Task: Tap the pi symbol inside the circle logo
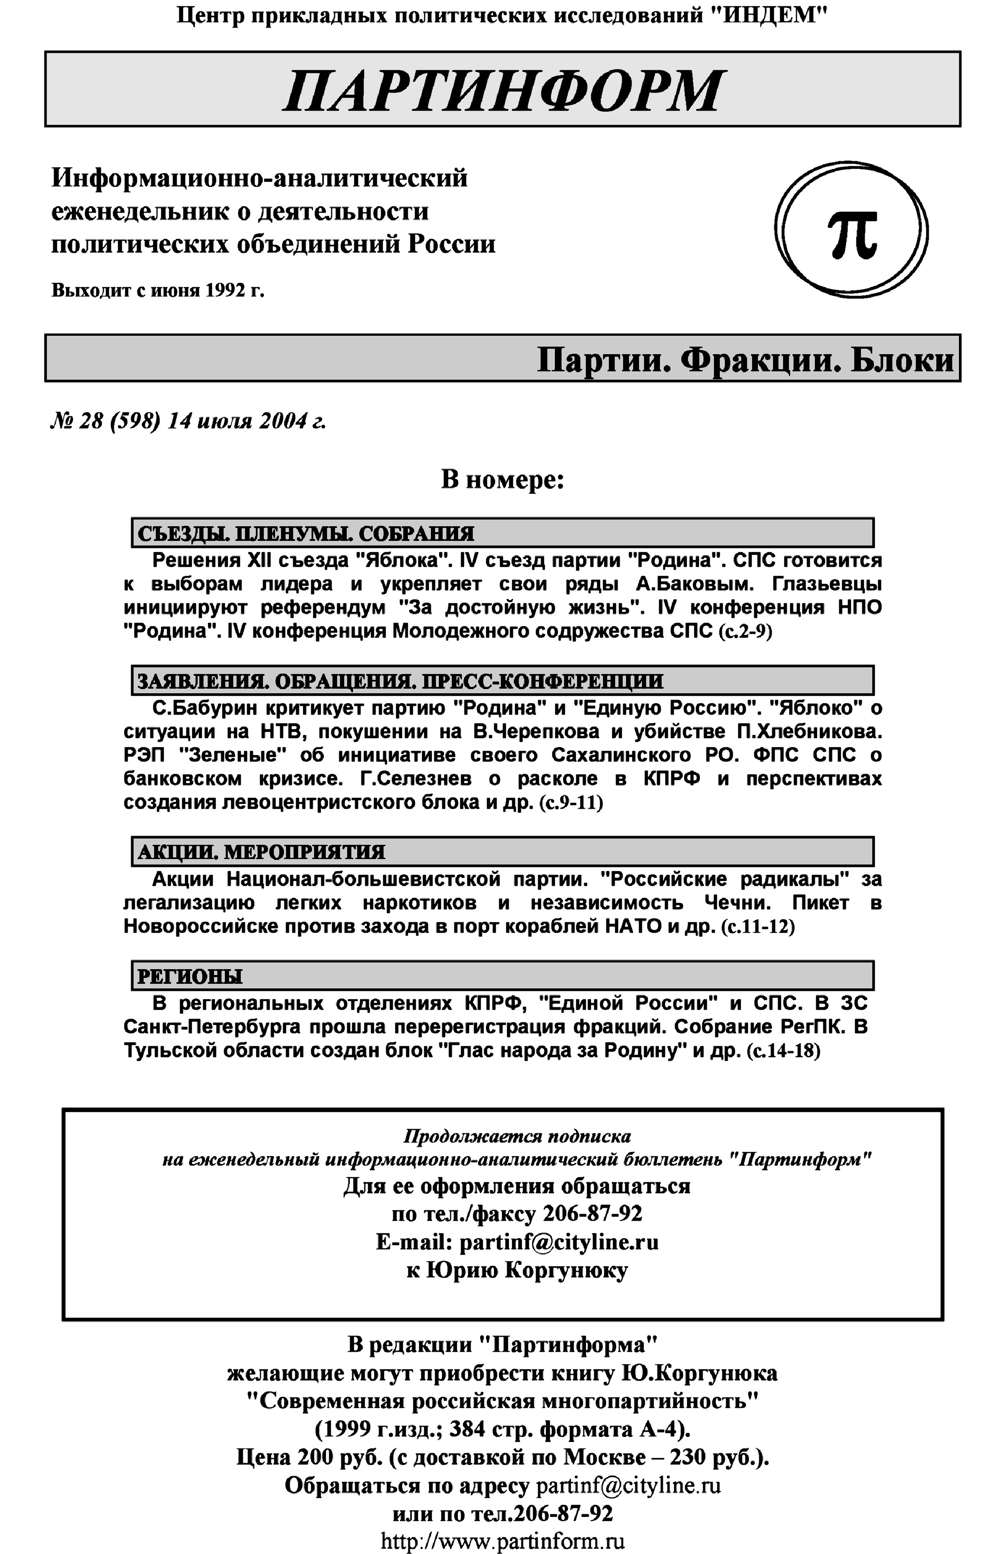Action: click(852, 234)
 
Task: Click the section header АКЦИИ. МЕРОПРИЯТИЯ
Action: click(261, 852)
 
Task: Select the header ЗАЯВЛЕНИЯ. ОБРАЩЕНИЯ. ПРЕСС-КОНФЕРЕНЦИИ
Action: click(400, 681)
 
